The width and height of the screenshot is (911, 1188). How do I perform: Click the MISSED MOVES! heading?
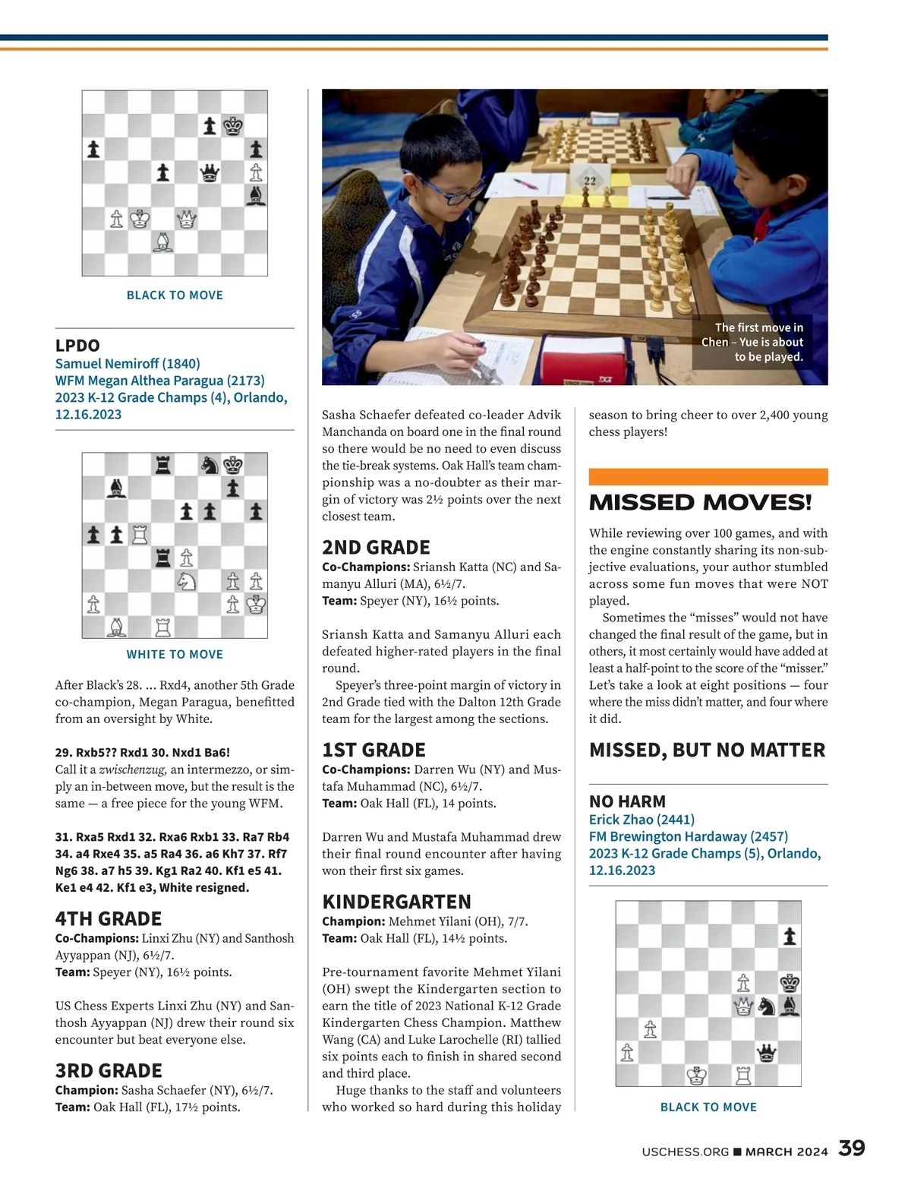tap(700, 503)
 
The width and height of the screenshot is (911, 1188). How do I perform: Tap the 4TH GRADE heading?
tap(109, 918)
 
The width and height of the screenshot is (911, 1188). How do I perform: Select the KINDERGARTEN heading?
tap(397, 902)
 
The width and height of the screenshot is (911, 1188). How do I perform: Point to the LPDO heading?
tap(77, 346)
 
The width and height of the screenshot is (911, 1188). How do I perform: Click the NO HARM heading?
tap(627, 801)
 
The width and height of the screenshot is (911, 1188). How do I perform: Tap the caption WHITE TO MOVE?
tap(175, 654)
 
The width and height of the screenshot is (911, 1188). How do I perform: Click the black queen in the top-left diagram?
tap(209, 173)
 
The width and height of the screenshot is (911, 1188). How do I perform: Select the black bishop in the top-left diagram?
tap(257, 196)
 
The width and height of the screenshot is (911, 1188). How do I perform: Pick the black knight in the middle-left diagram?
tap(210, 464)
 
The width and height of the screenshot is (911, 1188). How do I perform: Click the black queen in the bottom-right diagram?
tap(767, 1053)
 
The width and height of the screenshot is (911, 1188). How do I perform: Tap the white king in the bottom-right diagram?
tap(697, 1076)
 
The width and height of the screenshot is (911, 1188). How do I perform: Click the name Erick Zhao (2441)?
tap(641, 820)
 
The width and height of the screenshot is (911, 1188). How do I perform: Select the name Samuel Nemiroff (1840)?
tap(128, 363)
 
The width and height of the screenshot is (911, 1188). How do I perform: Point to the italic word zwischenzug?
tap(133, 769)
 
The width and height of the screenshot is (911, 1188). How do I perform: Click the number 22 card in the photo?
tap(590, 180)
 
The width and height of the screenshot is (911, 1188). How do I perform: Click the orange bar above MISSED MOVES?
tap(708, 477)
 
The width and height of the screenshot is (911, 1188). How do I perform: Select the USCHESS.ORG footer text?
tap(685, 1152)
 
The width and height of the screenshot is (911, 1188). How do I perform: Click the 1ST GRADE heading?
tap(374, 750)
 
